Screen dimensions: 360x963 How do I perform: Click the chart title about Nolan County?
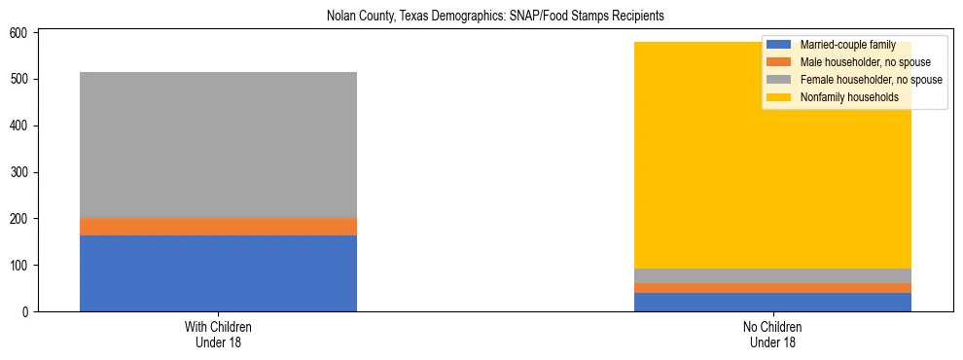click(481, 17)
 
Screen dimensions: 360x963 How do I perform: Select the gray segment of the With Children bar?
click(218, 145)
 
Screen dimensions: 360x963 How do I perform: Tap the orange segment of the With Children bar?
click(218, 227)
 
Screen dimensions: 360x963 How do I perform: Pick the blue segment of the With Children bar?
click(218, 273)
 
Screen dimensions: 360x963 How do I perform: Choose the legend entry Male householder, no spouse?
click(851, 62)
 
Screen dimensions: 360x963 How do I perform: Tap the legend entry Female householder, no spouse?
click(857, 80)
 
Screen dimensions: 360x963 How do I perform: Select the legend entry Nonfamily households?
click(842, 97)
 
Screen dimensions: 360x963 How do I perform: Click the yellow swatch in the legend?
click(779, 97)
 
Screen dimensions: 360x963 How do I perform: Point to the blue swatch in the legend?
click(779, 45)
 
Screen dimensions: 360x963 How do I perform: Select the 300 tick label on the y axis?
click(23, 172)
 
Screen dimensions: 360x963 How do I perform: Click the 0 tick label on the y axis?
click(28, 311)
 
